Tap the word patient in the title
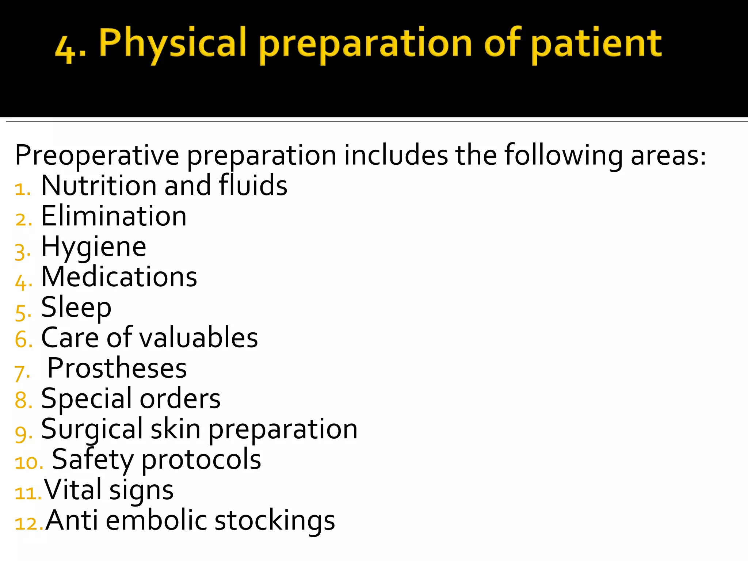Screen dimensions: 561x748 596,44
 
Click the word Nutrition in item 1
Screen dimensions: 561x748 99,186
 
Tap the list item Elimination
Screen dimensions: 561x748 114,216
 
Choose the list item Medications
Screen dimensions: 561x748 119,277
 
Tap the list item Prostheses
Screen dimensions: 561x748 117,368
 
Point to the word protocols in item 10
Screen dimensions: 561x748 201,460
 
